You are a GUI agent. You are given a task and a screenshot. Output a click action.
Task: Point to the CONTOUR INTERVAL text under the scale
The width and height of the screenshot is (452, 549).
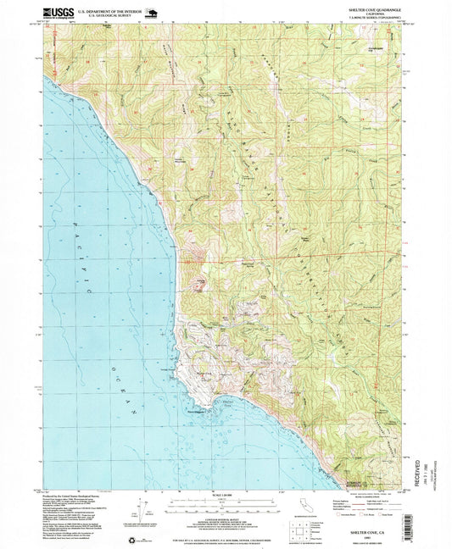tap(226, 518)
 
